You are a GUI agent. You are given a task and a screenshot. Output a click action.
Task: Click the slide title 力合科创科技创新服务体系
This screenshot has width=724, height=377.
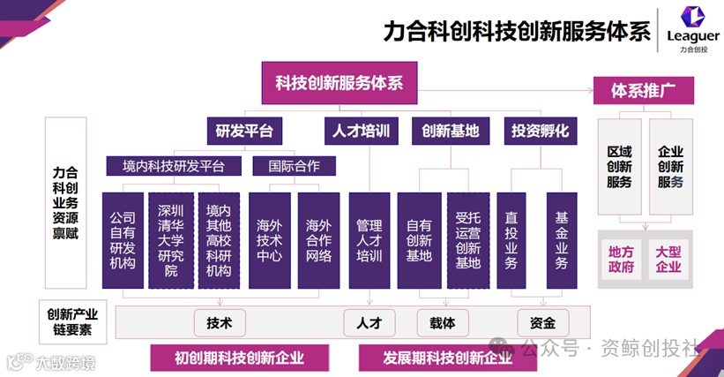[x=517, y=32]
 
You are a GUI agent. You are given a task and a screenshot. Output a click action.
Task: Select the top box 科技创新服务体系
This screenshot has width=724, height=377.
[x=340, y=83]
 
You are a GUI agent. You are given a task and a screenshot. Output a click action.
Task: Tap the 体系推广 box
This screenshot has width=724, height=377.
[x=644, y=89]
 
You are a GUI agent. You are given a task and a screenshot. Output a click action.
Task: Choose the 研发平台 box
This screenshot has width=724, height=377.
[x=244, y=132]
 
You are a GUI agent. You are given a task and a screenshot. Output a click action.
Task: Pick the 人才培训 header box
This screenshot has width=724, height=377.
[x=361, y=132]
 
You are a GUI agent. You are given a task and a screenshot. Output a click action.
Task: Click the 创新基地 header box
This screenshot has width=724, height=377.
[x=450, y=132]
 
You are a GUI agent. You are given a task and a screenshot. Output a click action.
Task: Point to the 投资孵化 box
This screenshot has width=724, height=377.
[x=540, y=132]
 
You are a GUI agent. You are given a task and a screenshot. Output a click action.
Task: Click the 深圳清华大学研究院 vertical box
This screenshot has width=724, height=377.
[x=170, y=239]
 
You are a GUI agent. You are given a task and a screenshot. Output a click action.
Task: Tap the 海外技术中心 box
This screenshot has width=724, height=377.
[x=269, y=239]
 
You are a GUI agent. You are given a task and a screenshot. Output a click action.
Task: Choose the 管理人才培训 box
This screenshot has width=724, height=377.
[x=369, y=239]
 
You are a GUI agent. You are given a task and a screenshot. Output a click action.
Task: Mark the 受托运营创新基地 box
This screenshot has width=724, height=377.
[x=467, y=239]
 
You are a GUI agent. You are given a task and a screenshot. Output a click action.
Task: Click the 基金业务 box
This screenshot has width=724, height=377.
[x=561, y=239]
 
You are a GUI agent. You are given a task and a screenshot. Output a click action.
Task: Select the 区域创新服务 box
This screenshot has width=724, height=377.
[x=620, y=168]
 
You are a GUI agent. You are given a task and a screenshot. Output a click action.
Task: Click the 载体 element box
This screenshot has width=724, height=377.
[x=443, y=322]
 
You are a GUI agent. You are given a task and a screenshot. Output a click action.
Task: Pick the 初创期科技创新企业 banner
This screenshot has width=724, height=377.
[x=239, y=358]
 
